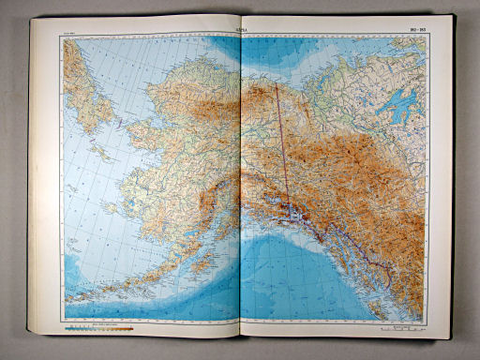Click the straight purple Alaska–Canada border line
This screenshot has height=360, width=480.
281,141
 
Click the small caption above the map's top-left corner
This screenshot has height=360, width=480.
70,35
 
